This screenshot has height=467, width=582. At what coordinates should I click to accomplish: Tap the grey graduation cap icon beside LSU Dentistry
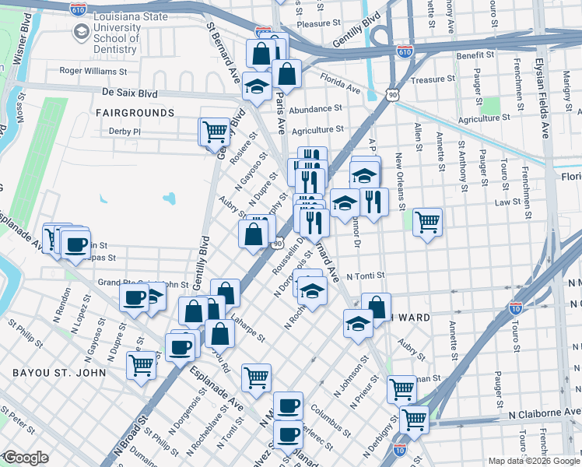pyautogui.click(x=81, y=32)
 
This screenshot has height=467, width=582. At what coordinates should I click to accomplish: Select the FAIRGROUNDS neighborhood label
pyautogui.click(x=135, y=113)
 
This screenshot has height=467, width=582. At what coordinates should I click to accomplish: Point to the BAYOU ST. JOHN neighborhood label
pyautogui.click(x=53, y=374)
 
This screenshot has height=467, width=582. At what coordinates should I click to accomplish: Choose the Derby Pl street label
pyautogui.click(x=124, y=132)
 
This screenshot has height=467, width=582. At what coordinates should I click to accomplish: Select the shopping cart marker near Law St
pyautogui.click(x=427, y=222)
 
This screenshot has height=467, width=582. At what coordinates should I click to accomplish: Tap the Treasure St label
pyautogui.click(x=427, y=79)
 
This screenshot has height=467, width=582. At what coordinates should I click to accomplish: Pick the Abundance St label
pyautogui.click(x=316, y=109)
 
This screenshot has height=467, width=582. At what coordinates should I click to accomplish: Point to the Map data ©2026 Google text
pyautogui.click(x=533, y=460)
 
